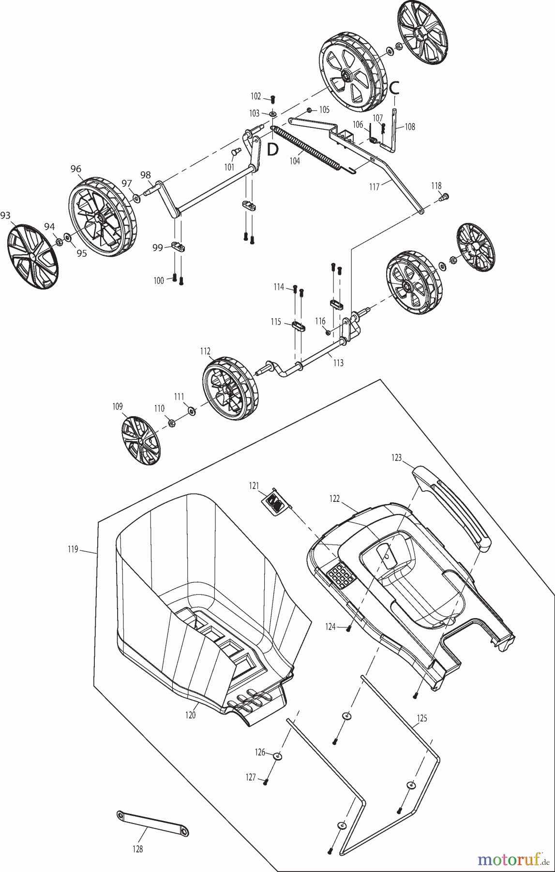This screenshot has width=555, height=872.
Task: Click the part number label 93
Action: (5, 216)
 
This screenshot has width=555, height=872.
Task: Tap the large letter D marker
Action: (273, 150)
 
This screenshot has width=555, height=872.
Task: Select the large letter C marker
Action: (395, 87)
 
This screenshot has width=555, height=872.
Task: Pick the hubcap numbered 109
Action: (140, 440)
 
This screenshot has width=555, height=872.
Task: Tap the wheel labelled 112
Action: (230, 388)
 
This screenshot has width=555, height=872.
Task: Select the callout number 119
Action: (73, 549)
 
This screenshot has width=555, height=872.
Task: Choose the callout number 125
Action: (422, 718)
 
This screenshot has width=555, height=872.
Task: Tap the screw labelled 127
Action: (265, 781)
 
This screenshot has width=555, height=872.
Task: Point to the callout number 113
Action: (338, 363)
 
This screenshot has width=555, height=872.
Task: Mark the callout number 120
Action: (191, 715)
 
